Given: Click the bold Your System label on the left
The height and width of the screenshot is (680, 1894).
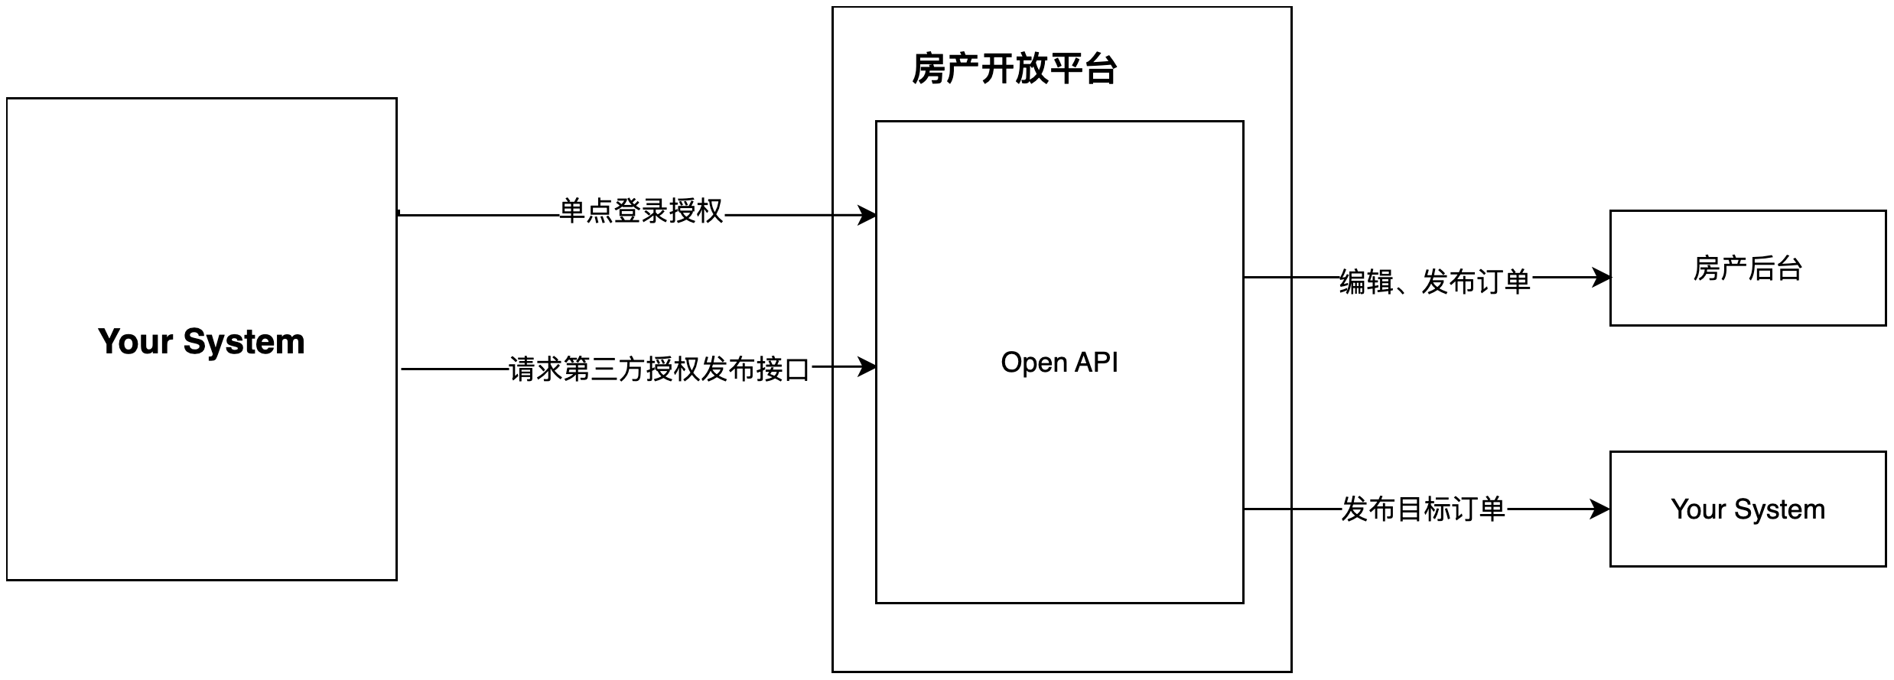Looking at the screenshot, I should point(201,341).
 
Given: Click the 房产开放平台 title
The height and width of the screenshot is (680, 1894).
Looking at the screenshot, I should point(1014,69).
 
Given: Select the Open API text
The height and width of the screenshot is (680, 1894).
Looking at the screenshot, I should point(1059,362).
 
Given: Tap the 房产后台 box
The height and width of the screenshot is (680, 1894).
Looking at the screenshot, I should point(1747,268).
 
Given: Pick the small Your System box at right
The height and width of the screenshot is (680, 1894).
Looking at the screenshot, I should point(1747,509).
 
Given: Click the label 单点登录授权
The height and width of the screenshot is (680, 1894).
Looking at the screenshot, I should point(641,211).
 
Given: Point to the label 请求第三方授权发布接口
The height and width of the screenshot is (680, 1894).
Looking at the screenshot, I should point(659,369).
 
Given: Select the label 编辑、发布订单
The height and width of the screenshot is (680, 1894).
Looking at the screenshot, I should point(1434,281).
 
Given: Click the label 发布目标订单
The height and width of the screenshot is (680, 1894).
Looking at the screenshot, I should point(1423,509).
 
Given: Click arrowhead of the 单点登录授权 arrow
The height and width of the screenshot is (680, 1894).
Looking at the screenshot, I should point(868,215).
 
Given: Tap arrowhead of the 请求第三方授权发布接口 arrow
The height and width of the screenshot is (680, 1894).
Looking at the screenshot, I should point(868,367).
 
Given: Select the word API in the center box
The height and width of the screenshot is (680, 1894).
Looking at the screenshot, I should point(1097,362).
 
